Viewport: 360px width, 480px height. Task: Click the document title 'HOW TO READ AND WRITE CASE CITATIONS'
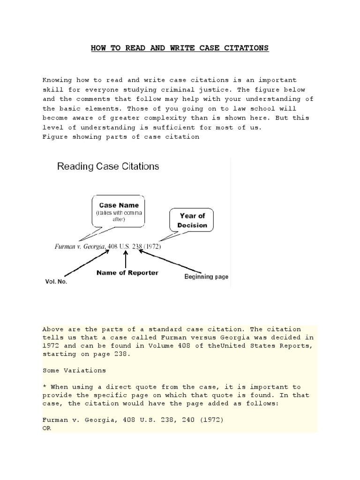click(x=180, y=48)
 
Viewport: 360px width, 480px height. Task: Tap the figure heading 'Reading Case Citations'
click(x=108, y=166)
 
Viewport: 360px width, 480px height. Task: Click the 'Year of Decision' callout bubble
click(x=192, y=220)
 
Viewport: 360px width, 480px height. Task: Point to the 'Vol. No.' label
click(x=56, y=282)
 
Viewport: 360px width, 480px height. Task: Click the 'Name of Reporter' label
click(x=127, y=272)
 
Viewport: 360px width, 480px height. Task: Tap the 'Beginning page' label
click(x=206, y=277)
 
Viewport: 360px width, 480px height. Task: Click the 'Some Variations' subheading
click(x=74, y=370)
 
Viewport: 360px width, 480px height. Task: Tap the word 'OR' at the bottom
click(x=46, y=428)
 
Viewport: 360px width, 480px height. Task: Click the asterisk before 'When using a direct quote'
click(x=44, y=387)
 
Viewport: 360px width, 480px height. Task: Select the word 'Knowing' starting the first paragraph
click(x=56, y=80)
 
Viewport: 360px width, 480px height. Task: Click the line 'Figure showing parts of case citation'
click(x=120, y=137)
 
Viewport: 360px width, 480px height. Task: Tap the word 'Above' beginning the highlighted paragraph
click(x=52, y=329)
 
